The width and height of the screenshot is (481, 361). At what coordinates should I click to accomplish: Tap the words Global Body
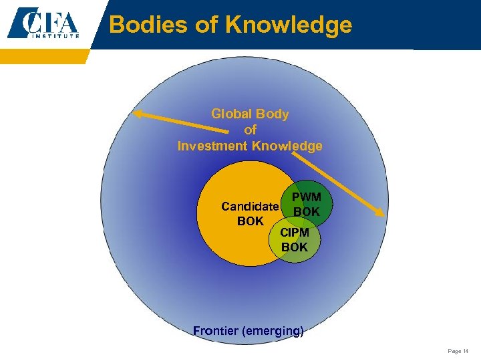pyautogui.click(x=250, y=114)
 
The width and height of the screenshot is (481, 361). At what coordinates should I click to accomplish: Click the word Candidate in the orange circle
pyautogui.click(x=250, y=207)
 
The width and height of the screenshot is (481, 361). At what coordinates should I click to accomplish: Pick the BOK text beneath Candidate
pyautogui.click(x=250, y=221)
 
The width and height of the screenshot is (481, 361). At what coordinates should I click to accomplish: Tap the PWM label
pyautogui.click(x=307, y=198)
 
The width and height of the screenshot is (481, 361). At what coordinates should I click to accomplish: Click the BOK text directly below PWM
pyautogui.click(x=307, y=212)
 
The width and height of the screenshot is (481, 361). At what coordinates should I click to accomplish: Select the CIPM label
pyautogui.click(x=294, y=233)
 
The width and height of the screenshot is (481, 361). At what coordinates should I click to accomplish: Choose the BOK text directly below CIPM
pyautogui.click(x=294, y=247)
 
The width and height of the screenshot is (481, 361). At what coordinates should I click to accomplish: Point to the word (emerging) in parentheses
pyautogui.click(x=275, y=330)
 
